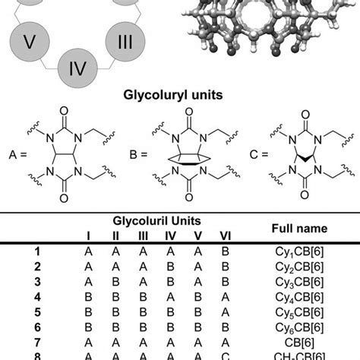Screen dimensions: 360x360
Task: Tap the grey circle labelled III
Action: (123, 43)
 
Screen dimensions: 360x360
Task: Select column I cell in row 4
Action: (90, 295)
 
